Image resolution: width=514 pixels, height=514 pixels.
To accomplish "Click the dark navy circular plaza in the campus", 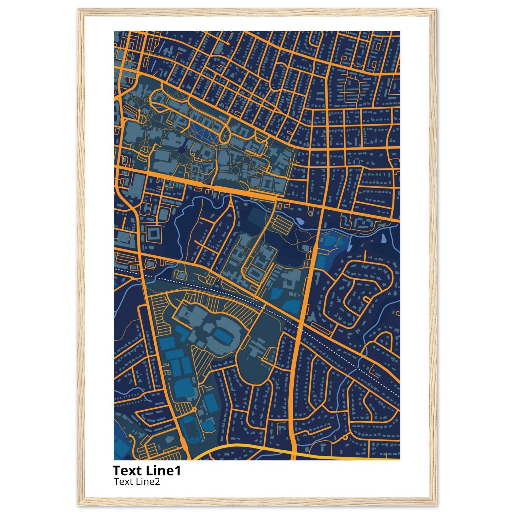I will (181, 150).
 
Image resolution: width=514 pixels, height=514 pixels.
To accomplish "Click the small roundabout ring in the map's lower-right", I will (345, 437).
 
